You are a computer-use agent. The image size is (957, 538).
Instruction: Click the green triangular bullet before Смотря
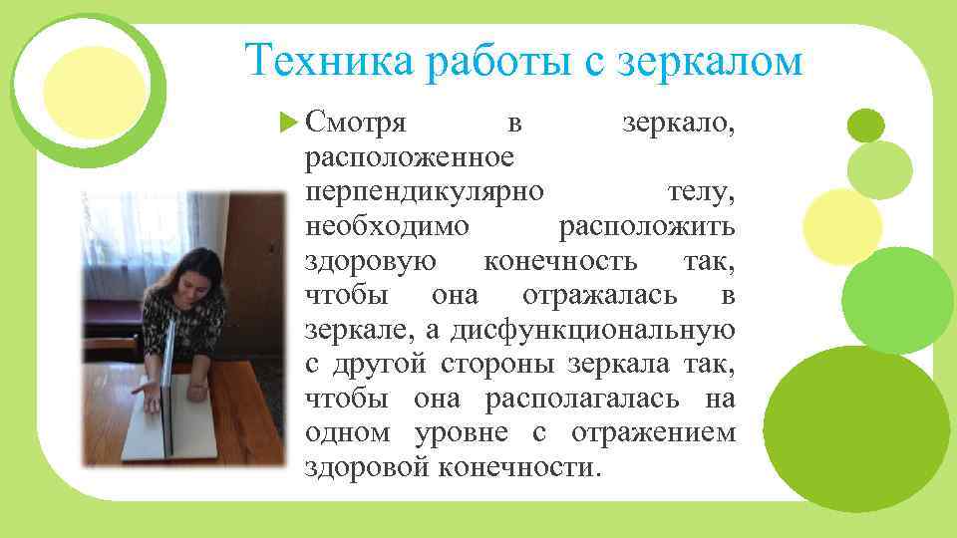pyautogui.click(x=290, y=125)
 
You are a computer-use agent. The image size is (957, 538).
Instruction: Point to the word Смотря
pyautogui.click(x=354, y=124)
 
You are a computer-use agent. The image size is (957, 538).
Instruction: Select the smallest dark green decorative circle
pyautogui.click(x=865, y=125)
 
